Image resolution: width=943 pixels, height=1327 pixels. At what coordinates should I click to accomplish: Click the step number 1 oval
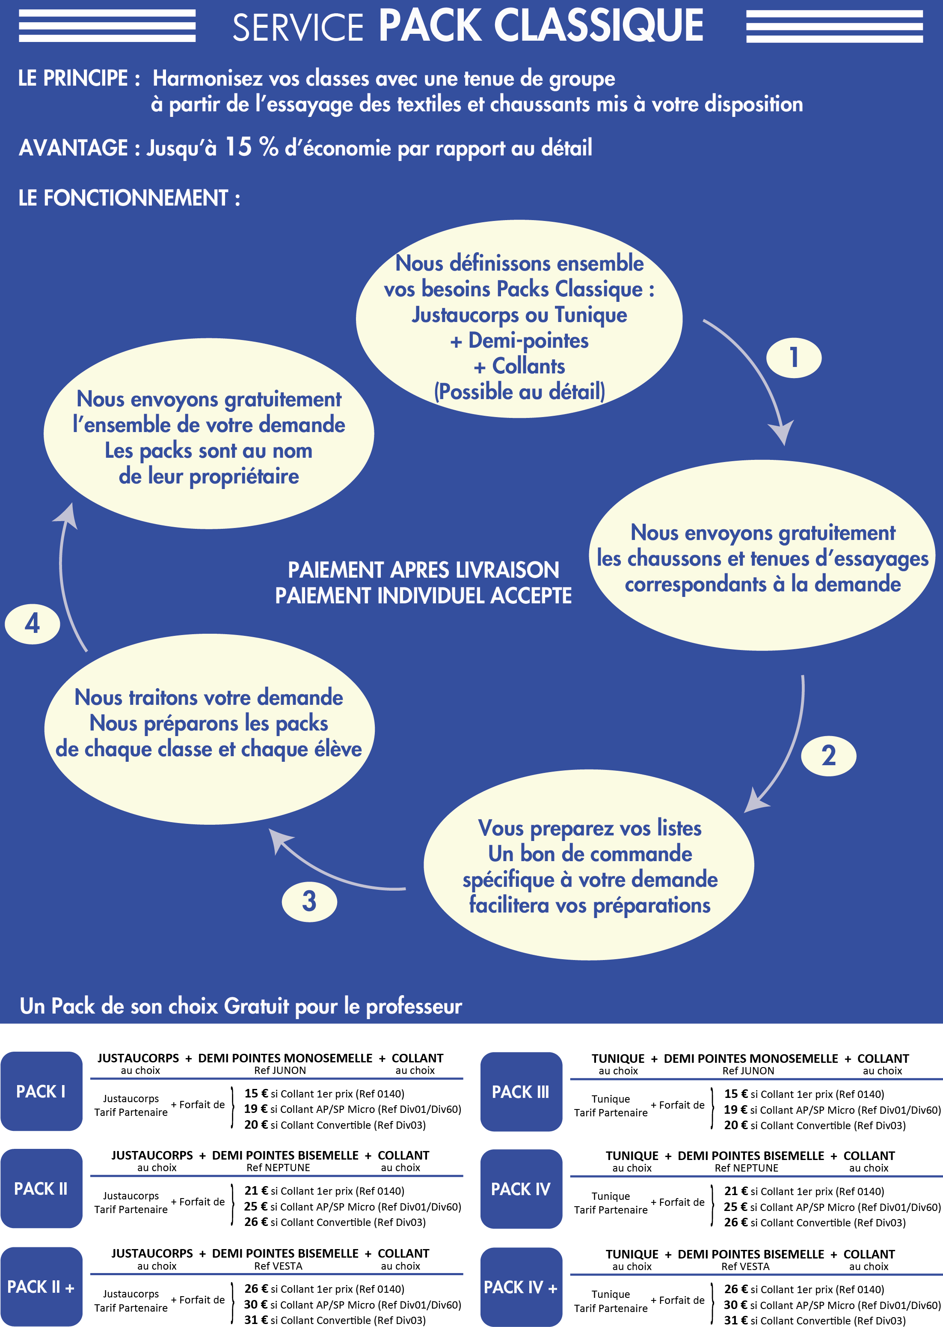(793, 357)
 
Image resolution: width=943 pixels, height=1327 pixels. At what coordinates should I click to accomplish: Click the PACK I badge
(41, 1091)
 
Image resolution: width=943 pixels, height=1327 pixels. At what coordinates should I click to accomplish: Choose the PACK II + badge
(41, 1287)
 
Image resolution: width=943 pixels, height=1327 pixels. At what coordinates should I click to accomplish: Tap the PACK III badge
(521, 1091)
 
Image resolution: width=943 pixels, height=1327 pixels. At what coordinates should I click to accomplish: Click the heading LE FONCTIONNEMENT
(129, 198)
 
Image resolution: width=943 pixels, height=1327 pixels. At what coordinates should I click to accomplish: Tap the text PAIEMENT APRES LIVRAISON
(423, 570)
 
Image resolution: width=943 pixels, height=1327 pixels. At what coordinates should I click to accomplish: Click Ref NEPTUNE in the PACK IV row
(746, 1168)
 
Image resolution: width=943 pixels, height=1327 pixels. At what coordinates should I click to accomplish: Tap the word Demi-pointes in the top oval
(528, 340)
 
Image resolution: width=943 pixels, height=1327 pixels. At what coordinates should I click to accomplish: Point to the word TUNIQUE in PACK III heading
(618, 1059)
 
